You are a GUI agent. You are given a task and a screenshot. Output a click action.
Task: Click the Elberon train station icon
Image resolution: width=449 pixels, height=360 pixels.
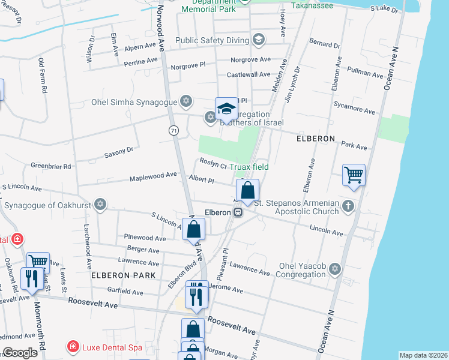pos(238,212)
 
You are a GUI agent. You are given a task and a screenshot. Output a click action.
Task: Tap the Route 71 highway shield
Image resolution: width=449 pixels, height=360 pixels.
pos(173,130)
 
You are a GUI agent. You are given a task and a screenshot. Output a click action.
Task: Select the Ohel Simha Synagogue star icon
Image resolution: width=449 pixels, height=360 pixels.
pos(187,100)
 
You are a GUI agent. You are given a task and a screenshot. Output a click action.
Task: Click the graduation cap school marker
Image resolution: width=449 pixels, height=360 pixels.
pos(226,109)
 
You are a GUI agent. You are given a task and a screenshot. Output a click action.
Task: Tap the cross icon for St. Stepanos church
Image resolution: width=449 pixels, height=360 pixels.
pos(349,206)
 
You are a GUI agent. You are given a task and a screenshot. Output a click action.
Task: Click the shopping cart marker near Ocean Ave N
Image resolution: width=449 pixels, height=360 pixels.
pos(354,175)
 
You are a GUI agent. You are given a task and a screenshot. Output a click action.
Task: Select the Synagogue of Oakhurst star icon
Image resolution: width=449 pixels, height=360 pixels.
pos(100,205)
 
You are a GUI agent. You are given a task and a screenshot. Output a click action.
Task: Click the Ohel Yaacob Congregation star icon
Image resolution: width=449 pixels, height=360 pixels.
pos(335,268)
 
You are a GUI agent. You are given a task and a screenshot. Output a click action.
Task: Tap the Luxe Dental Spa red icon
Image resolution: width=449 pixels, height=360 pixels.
pos(73,347)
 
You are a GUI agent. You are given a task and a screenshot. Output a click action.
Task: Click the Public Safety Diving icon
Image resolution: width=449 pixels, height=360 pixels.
pos(259,40)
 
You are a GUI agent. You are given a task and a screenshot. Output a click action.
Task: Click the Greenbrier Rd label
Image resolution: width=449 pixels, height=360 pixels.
pos(51,166)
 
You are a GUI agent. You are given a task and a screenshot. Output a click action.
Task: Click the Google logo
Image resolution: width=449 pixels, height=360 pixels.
pos(20,353)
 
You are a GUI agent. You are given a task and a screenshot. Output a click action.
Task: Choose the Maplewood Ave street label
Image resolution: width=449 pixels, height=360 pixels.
pos(154,175)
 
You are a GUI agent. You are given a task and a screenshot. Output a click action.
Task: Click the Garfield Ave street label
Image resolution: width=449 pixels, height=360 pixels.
pos(125,292)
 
